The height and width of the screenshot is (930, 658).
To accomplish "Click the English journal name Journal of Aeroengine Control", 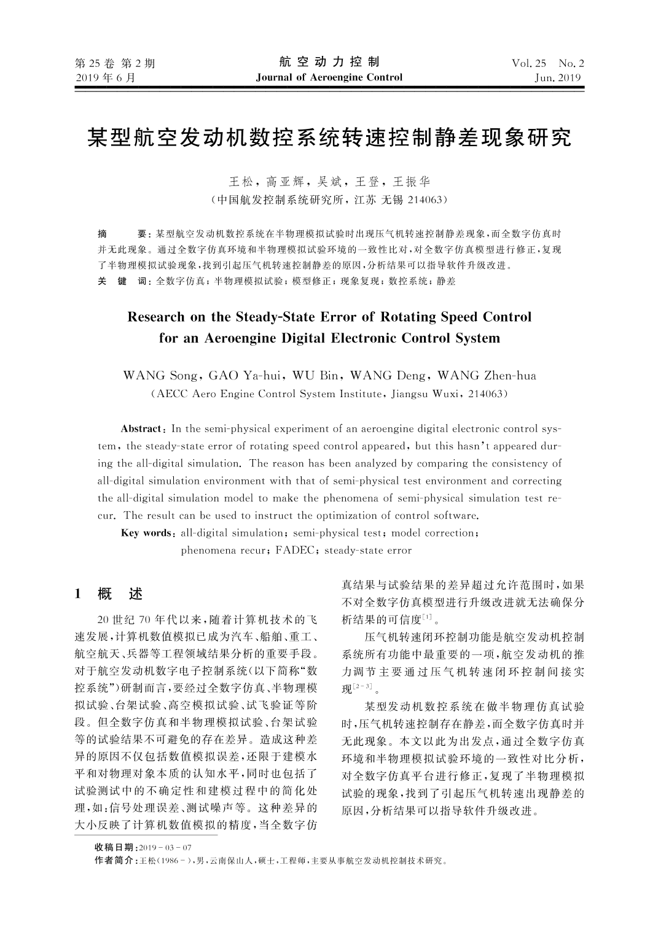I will tap(329, 77).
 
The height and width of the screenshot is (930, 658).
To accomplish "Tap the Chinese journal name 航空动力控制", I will tap(329, 62).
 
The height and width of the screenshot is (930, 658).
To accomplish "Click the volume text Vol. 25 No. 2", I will tap(547, 63).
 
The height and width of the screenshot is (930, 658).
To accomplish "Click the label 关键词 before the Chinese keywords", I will tap(122, 281).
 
